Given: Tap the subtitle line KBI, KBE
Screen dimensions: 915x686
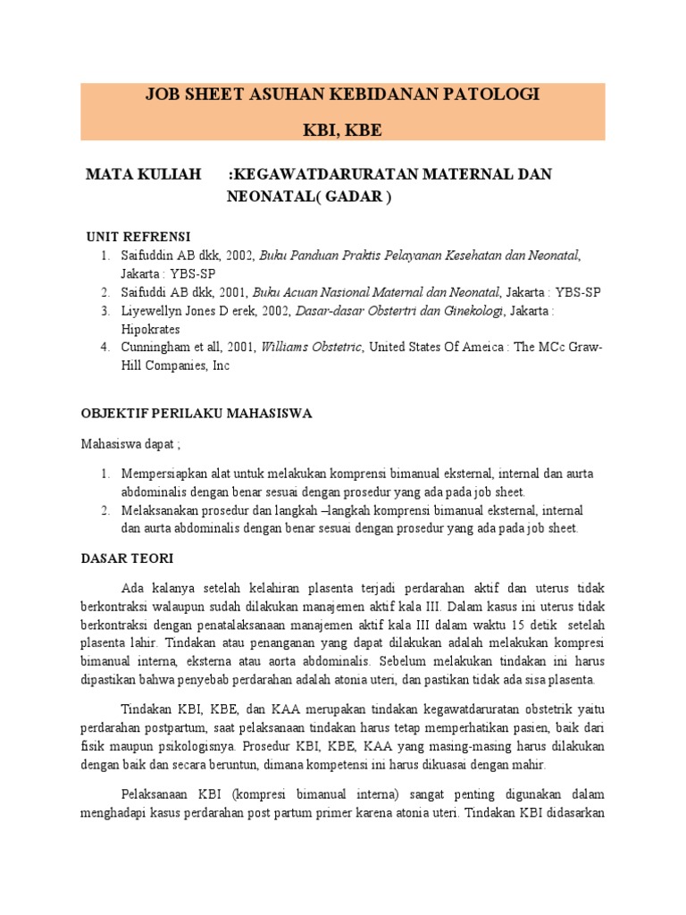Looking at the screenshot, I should point(343,130).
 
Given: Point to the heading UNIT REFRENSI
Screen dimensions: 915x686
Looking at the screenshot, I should point(138,237).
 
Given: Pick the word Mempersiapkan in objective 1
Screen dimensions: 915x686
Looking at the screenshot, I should point(164,474).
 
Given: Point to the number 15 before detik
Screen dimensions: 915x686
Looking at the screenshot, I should point(536,625).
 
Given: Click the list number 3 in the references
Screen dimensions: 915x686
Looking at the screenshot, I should point(105,311).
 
